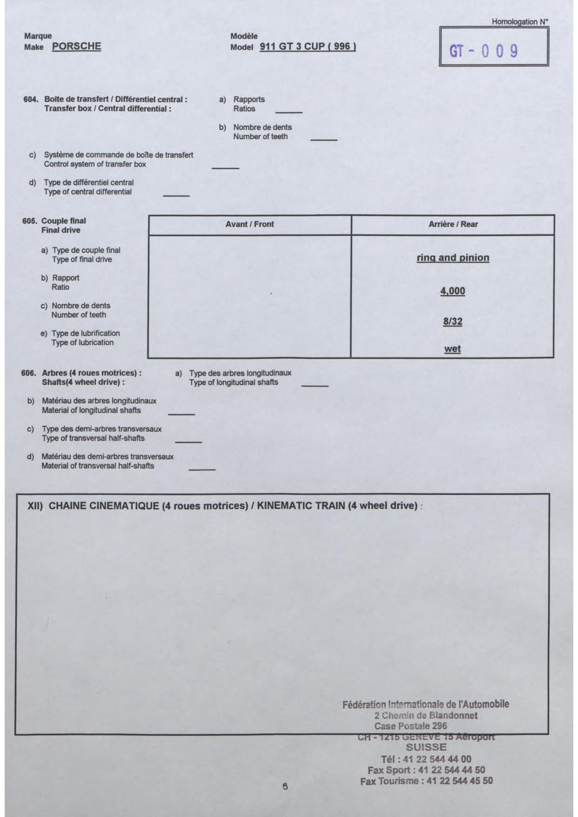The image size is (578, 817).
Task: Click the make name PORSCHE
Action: tap(76, 46)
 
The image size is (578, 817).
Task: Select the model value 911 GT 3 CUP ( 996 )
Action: tap(308, 47)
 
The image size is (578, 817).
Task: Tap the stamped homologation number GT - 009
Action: tap(483, 51)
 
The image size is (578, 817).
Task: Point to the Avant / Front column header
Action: tap(250, 224)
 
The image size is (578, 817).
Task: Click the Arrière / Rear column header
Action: tap(453, 224)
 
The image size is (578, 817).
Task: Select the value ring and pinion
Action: tap(453, 258)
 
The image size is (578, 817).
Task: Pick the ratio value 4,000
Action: tap(453, 291)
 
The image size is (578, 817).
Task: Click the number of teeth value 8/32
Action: tap(453, 321)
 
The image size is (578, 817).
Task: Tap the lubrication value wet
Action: tap(453, 349)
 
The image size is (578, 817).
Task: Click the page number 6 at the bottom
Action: tap(285, 787)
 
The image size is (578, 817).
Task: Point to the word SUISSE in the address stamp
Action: tap(426, 747)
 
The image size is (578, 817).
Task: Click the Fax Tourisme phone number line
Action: tap(426, 781)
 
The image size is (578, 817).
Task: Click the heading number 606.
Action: tap(28, 373)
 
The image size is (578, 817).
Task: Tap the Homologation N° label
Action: tap(520, 21)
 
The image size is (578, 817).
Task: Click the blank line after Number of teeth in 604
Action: tap(324, 140)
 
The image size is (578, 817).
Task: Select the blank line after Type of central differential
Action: tap(176, 196)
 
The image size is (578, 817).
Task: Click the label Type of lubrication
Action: tap(82, 342)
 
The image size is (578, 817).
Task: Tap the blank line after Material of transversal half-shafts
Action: tap(202, 470)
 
